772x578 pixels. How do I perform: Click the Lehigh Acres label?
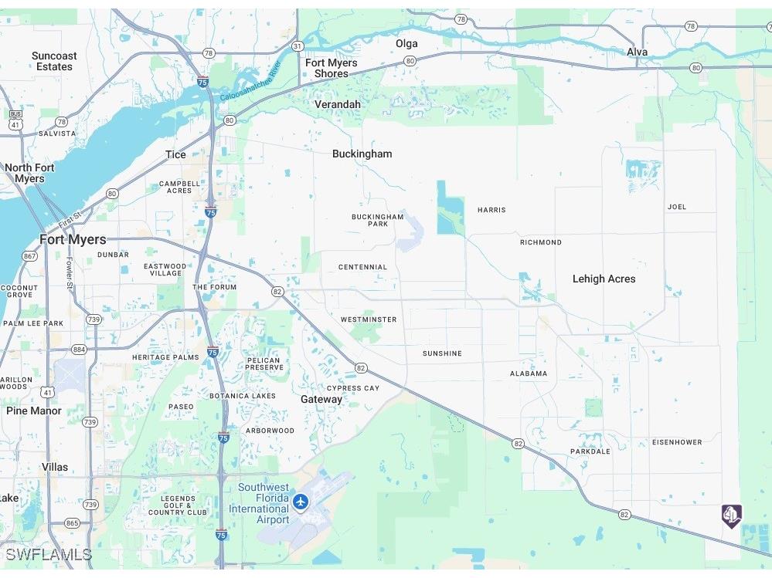point(604,279)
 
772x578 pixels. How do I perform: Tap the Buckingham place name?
point(362,154)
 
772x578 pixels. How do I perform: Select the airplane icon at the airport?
point(301,502)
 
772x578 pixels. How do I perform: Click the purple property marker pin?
point(731,515)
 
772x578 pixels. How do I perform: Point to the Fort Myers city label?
point(73,239)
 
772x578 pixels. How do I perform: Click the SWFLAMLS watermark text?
point(48,555)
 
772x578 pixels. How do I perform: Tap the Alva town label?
point(638,52)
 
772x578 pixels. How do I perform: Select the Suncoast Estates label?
point(54,61)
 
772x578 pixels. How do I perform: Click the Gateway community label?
point(321,399)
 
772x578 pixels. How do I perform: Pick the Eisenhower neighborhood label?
point(677,442)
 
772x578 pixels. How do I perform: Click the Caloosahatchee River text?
point(250,82)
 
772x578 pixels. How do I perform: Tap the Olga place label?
point(406,43)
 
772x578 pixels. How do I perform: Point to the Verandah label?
point(337,104)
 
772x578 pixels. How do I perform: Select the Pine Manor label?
point(34,411)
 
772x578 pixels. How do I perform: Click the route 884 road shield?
point(79,350)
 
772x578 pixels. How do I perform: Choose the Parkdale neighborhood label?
point(590,451)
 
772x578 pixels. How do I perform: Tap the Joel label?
point(677,207)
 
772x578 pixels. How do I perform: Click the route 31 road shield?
point(298,47)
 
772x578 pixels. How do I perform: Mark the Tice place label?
point(175,154)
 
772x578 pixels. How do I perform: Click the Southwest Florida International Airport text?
point(263,503)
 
